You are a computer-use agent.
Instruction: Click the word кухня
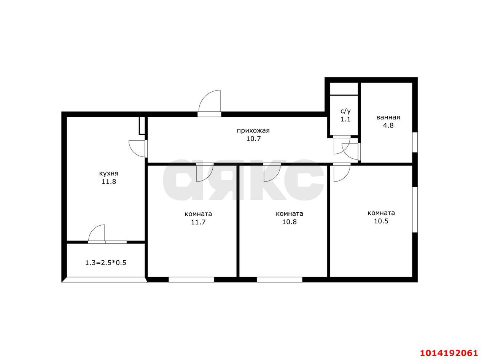[x=109, y=174]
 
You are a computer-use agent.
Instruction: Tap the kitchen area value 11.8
[x=109, y=182]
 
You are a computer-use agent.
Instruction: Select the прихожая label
[x=253, y=131]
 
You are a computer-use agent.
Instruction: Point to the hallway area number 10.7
[x=253, y=139]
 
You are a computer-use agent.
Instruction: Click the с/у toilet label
[x=345, y=111]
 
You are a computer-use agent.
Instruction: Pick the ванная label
[x=388, y=117]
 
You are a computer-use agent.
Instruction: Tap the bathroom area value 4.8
[x=388, y=126]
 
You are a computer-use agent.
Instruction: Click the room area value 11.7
[x=198, y=222]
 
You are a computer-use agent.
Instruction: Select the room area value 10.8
[x=290, y=222]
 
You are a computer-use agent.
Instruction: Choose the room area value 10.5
[x=381, y=221]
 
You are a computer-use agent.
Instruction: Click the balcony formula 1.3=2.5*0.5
[x=106, y=263]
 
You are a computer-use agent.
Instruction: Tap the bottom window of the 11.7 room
[x=191, y=279]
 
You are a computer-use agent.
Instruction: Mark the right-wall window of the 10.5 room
[x=415, y=210]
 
